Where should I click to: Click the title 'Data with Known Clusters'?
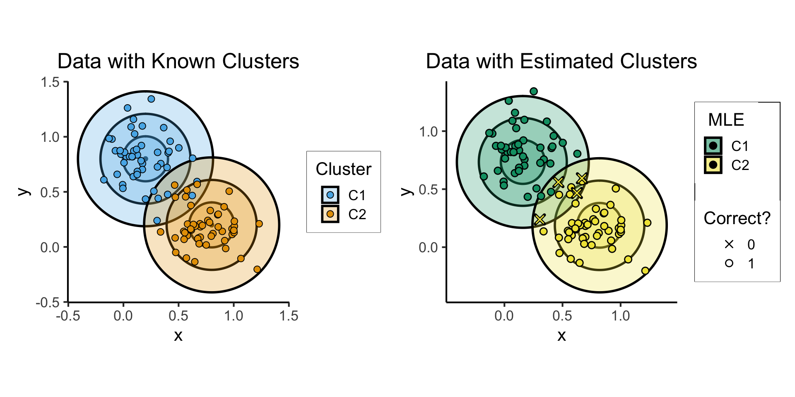pos(178,61)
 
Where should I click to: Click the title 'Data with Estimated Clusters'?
pos(561,61)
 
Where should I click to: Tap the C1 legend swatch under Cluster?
pos(330,195)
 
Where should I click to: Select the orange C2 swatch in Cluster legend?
pos(330,214)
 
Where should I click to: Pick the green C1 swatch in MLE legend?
pos(713,146)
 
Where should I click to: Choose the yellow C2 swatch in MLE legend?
pos(713,165)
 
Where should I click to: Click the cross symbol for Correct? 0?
pos(729,244)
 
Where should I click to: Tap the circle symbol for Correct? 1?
pos(729,263)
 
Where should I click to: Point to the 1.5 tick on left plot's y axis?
pos(50,82)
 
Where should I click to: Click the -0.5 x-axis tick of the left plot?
pos(68,316)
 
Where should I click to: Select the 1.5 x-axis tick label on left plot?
pos(289,316)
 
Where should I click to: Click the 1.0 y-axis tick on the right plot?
pos(429,132)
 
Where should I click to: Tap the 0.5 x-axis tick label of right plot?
pos(562,316)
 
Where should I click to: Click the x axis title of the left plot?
pos(178,335)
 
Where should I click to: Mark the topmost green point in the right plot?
pos(534,91)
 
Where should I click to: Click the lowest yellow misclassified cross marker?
pos(540,219)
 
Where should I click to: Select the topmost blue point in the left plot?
pos(151,99)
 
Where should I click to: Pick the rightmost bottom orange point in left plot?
pos(257,269)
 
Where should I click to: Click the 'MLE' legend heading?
pos(726,120)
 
